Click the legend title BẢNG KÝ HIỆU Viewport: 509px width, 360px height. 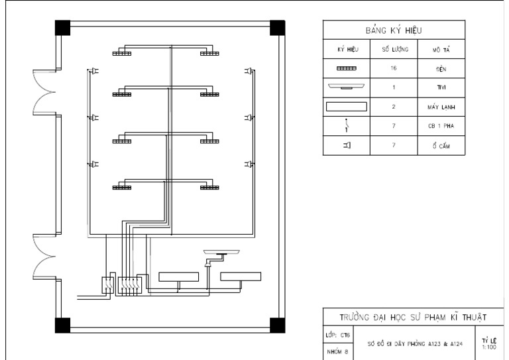[x=394, y=30]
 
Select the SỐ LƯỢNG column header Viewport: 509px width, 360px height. [x=394, y=50]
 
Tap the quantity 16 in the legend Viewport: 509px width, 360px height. [x=394, y=68]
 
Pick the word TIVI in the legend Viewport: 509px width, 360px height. [x=441, y=87]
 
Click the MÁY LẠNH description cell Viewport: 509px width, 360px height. [x=441, y=106]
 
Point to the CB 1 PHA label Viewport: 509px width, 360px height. [x=441, y=125]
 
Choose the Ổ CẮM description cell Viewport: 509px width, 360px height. [x=441, y=146]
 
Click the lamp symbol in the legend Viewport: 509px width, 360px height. [x=346, y=68]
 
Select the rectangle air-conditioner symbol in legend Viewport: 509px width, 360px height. [x=346, y=106]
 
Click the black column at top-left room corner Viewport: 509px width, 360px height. [x=62, y=28]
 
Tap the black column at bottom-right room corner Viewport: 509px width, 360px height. [x=278, y=326]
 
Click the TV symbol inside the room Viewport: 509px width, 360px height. [x=223, y=254]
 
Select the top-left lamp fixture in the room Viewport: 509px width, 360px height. [x=121, y=53]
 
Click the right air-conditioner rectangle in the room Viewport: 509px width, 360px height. [x=241, y=276]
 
